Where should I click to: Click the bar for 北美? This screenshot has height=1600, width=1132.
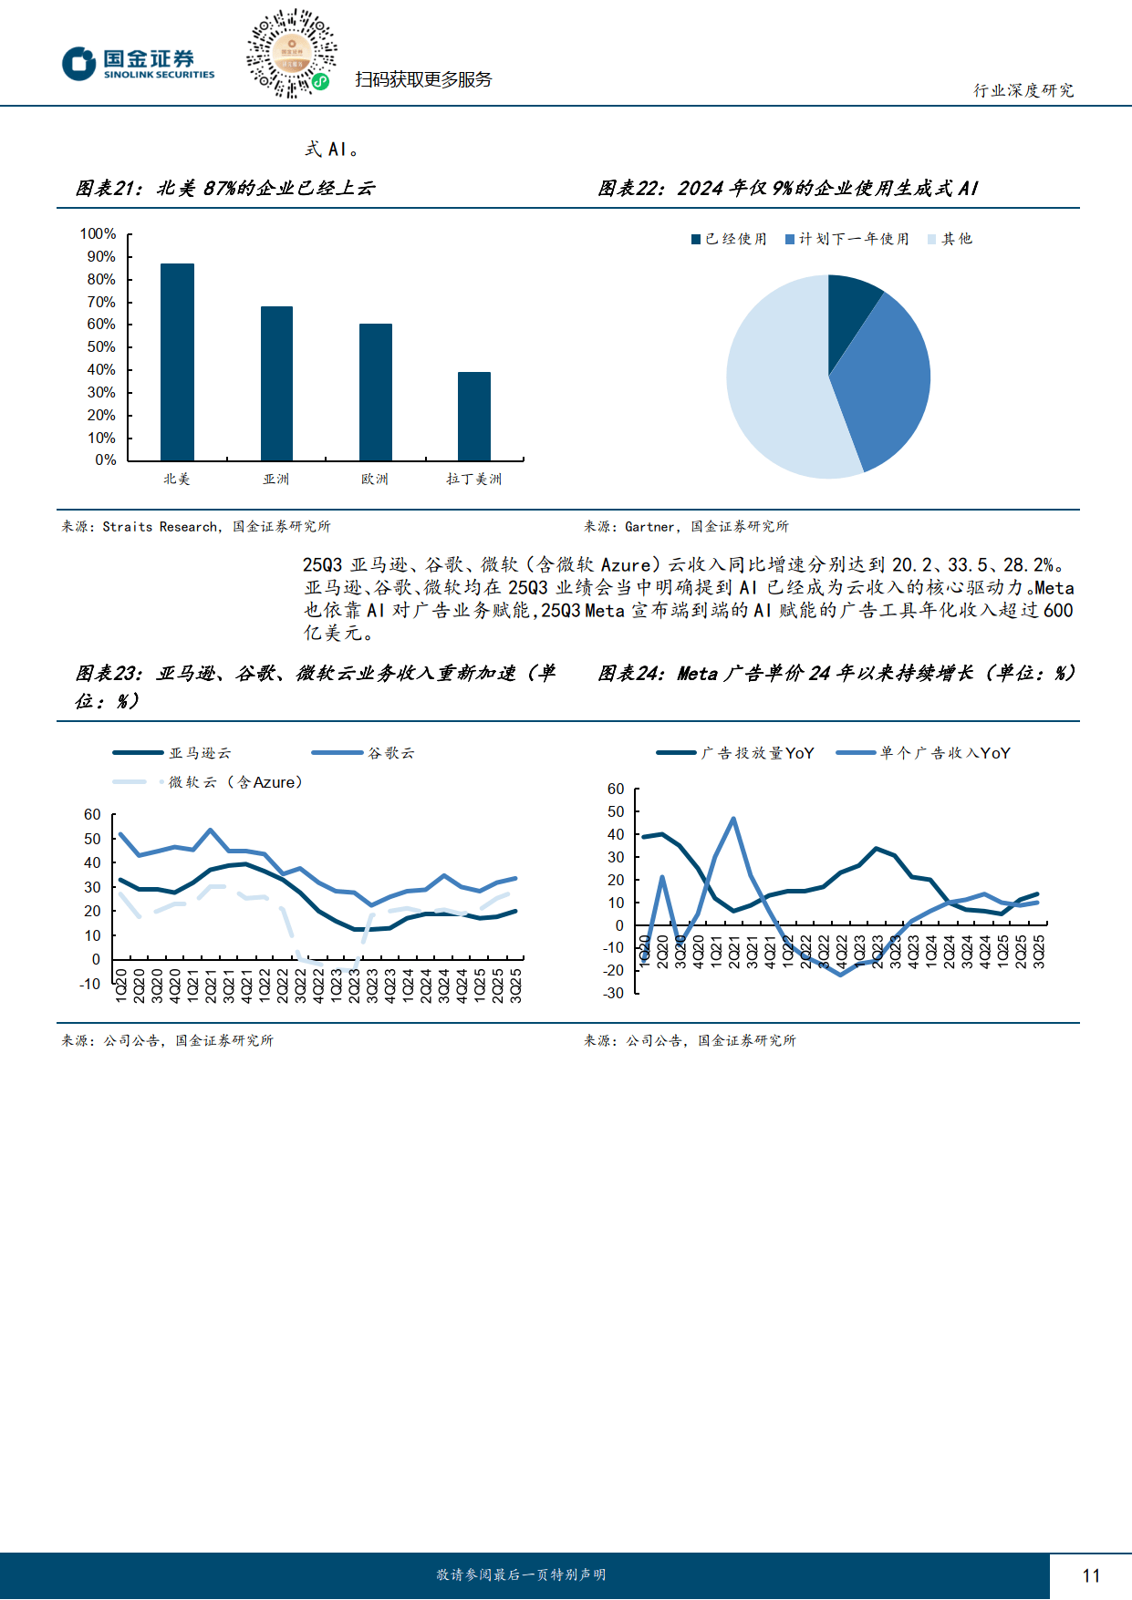[x=177, y=362]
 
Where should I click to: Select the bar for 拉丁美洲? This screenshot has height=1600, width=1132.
[x=474, y=416]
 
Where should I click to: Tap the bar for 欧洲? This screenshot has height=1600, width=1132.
[x=376, y=392]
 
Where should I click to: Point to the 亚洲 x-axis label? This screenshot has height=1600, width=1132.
[x=275, y=479]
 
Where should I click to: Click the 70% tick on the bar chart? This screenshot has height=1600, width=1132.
[x=101, y=302]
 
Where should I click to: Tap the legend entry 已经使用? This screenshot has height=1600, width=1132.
[x=729, y=239]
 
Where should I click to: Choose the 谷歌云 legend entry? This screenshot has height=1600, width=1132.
[x=363, y=753]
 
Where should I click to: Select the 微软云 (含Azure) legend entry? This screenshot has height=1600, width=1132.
[x=208, y=782]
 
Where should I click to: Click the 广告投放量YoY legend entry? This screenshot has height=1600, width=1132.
[x=735, y=753]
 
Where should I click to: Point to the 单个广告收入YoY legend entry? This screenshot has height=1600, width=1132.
[x=924, y=753]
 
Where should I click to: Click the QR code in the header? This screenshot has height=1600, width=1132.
[x=292, y=54]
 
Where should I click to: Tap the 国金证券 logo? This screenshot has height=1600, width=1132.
[x=139, y=64]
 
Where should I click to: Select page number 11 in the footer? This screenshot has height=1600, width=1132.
[x=1091, y=1575]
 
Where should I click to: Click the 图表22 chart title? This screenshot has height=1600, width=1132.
[x=788, y=188]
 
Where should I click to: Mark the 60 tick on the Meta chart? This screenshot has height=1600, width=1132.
[x=616, y=790]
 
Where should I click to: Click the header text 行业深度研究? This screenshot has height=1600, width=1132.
[x=1023, y=90]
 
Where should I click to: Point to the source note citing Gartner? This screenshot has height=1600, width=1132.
[x=686, y=526]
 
